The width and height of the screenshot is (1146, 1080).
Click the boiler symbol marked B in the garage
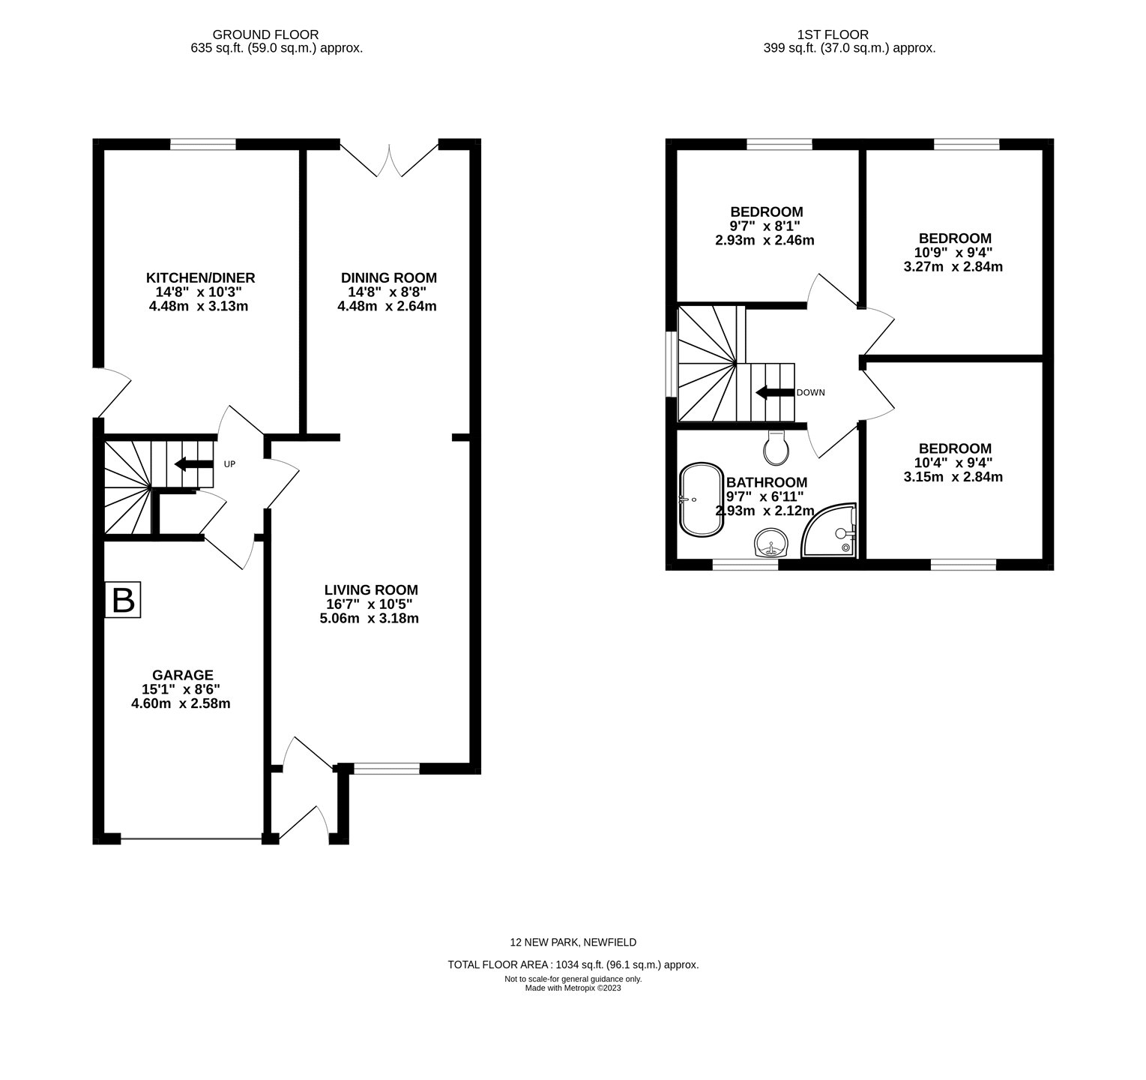pos(122,601)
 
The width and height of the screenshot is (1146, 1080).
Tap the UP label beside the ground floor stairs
pos(229,464)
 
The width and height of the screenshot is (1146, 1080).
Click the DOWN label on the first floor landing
pos(810,392)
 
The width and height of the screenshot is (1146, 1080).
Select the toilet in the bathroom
pos(775,448)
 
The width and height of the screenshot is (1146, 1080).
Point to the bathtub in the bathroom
pos(701,499)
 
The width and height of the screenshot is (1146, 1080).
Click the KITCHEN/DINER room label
pos(200,277)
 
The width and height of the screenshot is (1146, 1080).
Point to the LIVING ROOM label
pos(371,589)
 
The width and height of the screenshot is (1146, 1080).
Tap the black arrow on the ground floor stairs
pos(193,464)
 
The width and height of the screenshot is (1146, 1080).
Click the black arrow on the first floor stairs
pos(773,392)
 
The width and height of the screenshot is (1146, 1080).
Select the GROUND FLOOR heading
pos(265,34)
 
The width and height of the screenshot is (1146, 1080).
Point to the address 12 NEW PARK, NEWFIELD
pos(573,942)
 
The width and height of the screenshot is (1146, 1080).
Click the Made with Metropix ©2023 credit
pos(573,988)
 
